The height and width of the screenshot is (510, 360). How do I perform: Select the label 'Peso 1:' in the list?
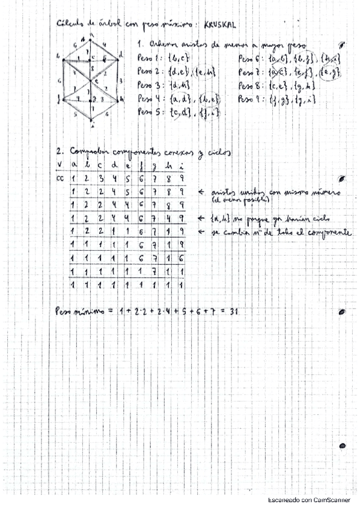coord(148,59)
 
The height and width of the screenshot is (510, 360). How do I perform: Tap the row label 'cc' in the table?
coord(59,179)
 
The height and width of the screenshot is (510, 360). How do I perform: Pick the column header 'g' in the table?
coord(154,165)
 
